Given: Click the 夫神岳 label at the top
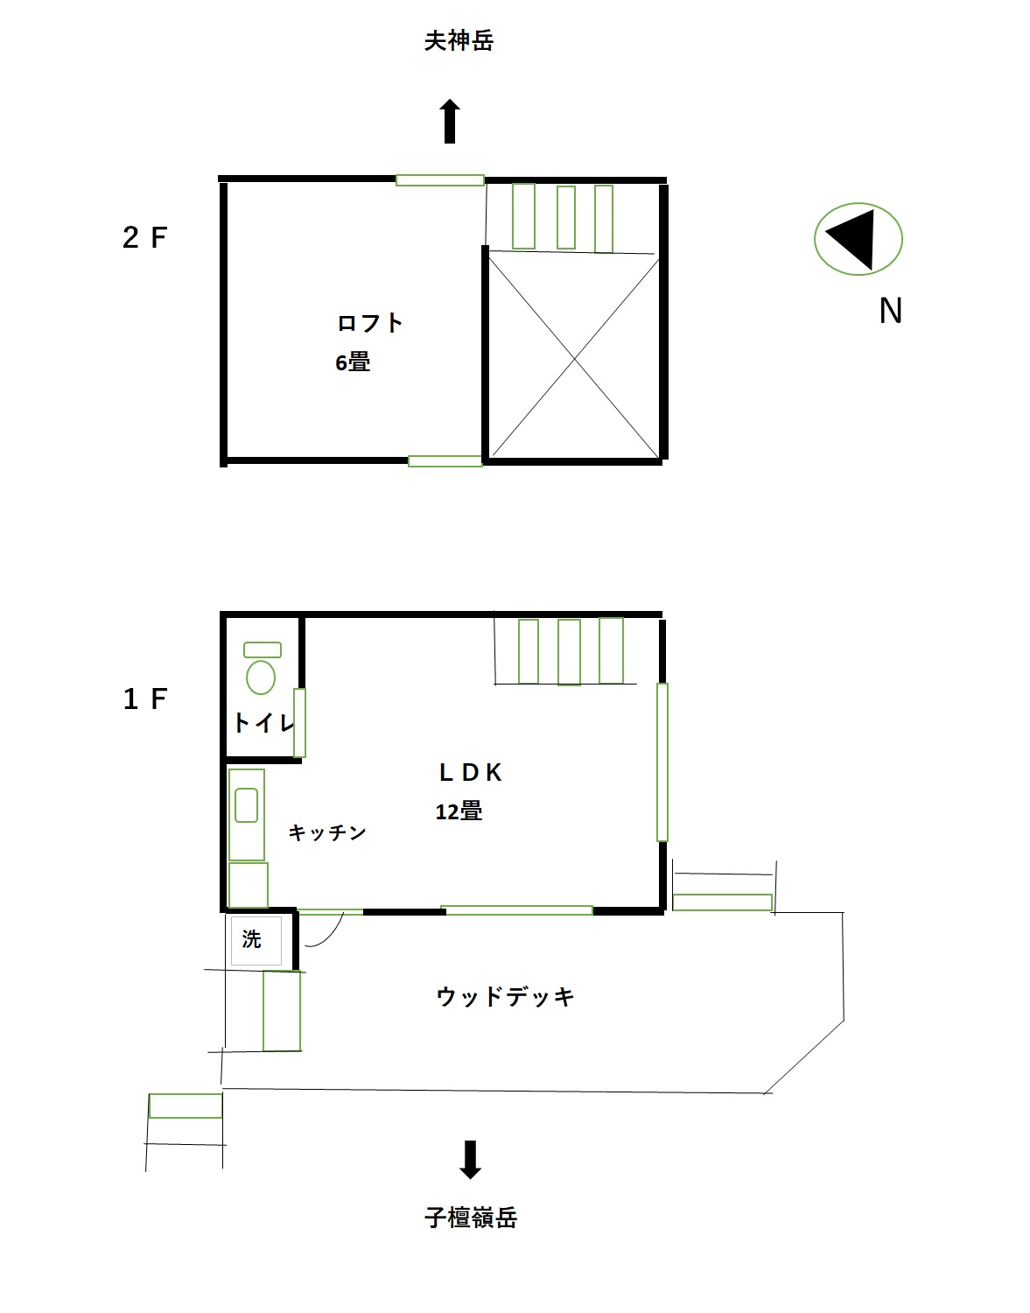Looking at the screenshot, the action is [x=459, y=41].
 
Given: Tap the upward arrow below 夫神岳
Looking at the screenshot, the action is [x=450, y=122].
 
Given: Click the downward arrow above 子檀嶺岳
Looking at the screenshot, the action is [x=471, y=1160].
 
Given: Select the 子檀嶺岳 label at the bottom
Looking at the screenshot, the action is [x=471, y=1218].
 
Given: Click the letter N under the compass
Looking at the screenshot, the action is [x=891, y=311].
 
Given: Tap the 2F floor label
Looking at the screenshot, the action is [x=144, y=237].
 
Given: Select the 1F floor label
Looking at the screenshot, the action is [x=144, y=699].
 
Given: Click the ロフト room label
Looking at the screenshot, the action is [x=369, y=323].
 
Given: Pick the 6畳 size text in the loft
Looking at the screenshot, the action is [x=353, y=362].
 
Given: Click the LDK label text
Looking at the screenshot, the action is [x=471, y=772].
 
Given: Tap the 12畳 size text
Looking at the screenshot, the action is [x=459, y=811].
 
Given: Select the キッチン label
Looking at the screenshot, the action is [x=327, y=832].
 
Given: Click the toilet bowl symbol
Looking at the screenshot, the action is [x=261, y=678].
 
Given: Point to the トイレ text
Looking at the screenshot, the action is [x=263, y=723].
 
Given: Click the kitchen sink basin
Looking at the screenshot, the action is [x=247, y=804].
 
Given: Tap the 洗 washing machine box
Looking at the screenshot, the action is [x=256, y=941].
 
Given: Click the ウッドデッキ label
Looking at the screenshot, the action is [x=505, y=996].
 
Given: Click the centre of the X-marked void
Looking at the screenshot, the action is [x=574, y=359].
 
